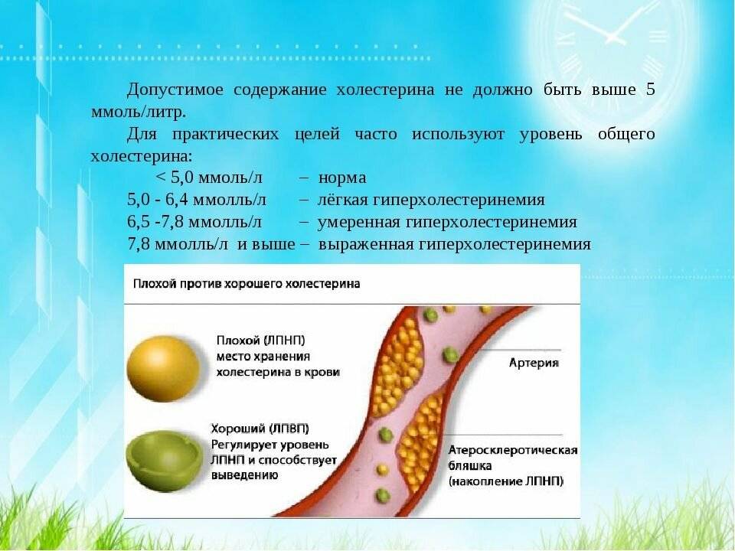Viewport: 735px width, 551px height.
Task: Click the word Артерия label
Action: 534,362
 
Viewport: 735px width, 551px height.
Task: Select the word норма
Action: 342,178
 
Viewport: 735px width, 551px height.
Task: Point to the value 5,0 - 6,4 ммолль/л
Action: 196,200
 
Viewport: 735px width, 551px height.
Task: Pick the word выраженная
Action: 366,244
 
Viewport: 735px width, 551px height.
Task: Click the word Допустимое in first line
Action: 175,90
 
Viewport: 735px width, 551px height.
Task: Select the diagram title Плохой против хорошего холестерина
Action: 247,283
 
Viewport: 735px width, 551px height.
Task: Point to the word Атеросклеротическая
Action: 512,450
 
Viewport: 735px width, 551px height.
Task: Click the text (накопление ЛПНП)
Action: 506,481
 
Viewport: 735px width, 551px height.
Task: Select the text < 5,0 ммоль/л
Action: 209,178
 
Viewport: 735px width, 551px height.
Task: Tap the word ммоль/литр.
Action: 138,112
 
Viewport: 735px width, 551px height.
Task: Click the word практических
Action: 234,134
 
